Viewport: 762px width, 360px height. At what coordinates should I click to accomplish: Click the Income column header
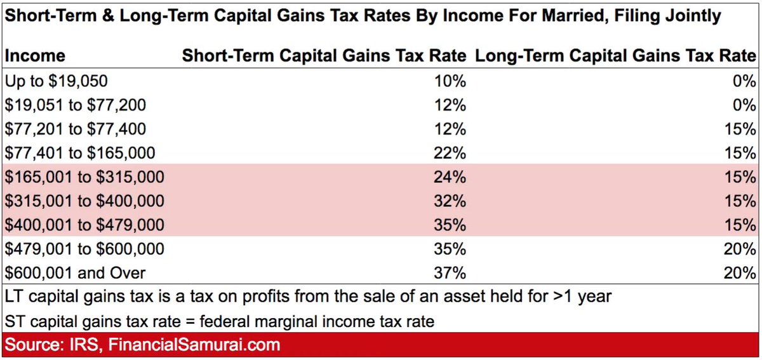click(x=35, y=56)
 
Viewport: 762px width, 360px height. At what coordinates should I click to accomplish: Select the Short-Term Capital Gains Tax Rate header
click(x=324, y=56)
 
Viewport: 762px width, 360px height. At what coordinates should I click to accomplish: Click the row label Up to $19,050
click(x=56, y=81)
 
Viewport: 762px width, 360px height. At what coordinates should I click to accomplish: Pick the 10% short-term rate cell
click(x=452, y=81)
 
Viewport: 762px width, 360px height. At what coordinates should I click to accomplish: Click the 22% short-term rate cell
click(x=452, y=153)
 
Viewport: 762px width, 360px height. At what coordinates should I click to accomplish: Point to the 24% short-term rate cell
click(x=452, y=177)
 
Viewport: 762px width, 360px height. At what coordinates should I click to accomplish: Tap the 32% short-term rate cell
click(x=452, y=201)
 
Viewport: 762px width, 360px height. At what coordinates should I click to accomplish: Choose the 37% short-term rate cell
click(x=452, y=273)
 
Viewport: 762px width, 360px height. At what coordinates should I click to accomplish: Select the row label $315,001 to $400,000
click(x=84, y=201)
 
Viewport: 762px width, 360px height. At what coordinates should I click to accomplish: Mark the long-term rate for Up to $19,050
click(x=744, y=81)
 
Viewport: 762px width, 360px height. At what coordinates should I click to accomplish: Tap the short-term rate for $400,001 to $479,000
click(x=452, y=225)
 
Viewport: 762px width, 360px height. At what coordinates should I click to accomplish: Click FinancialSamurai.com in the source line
click(x=194, y=345)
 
